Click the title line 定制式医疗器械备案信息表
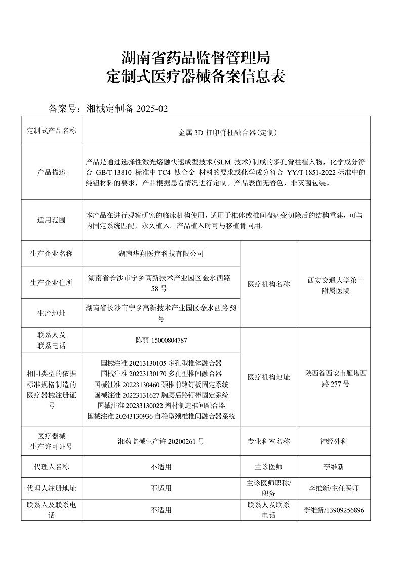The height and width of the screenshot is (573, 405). coord(196,77)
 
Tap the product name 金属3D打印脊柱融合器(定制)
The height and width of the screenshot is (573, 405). coord(226,133)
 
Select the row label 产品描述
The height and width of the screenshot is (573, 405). coord(52,172)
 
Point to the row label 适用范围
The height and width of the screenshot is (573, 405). coord(52,220)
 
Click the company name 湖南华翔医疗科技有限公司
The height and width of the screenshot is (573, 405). coord(161,253)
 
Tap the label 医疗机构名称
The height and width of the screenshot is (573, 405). coord(268,285)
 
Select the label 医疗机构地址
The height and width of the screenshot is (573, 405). coord(268,377)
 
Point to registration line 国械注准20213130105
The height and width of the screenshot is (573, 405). coord(161,363)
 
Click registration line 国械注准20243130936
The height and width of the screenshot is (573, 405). coord(161,416)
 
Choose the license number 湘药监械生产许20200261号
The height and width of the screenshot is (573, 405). coord(161,441)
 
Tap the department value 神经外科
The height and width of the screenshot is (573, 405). coord(334,441)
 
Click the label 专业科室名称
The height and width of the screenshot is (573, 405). coord(268,441)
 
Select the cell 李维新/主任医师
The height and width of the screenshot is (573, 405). coord(334,488)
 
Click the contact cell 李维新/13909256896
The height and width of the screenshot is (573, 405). coord(334,510)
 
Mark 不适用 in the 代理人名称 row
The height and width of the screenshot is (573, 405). coord(161,467)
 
